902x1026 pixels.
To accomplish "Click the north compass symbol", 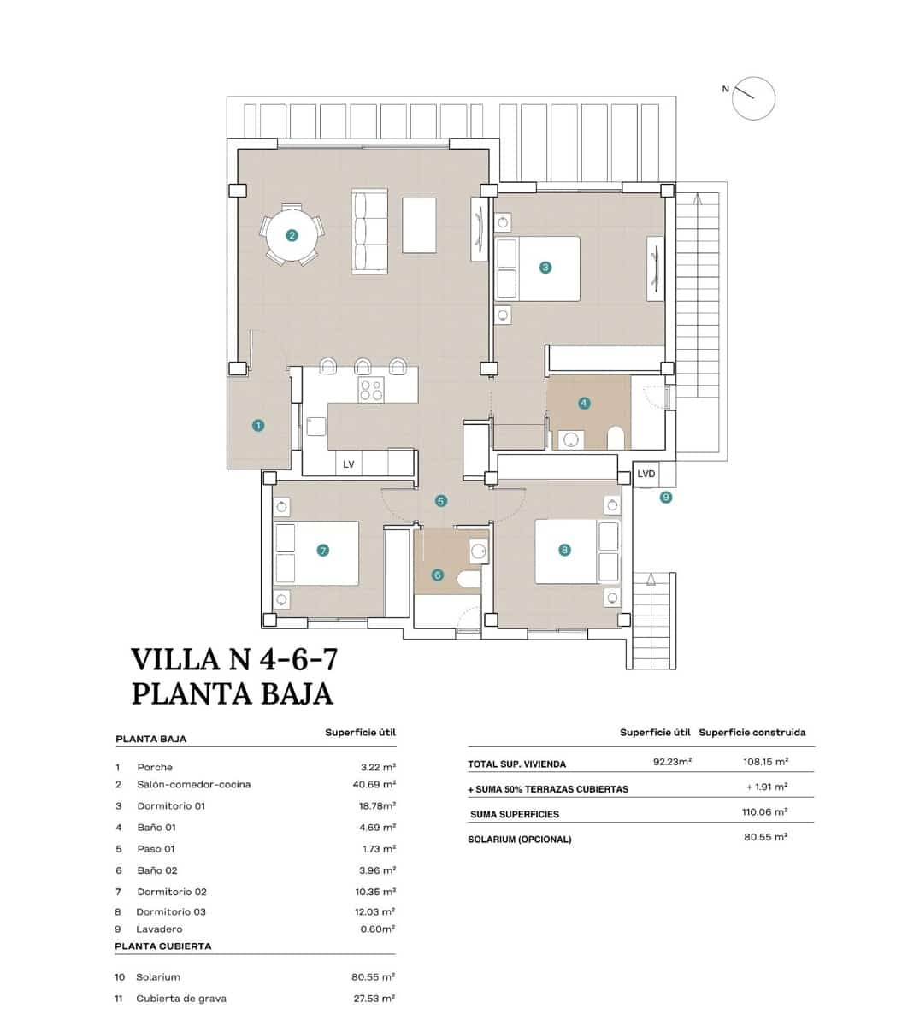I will pos(753,97).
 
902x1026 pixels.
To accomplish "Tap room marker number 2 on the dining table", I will pos(292,235).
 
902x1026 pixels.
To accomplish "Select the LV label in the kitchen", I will pos(349,464).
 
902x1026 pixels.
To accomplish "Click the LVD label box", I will pos(646,474).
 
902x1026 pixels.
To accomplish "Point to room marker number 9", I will pos(666,497).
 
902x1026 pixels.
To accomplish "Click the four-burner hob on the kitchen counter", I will pos(371,390).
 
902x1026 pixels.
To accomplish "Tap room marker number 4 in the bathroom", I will pos(584,402).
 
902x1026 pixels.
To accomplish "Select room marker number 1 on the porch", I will pos(258,425).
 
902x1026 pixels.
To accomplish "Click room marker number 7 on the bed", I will pos(322,551).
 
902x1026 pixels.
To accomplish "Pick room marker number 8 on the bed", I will pos(564,550).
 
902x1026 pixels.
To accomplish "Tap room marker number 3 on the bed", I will pos(545,268).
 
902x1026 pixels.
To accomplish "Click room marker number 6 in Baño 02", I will pos(438,575).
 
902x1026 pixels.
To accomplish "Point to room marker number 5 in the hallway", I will pos(441,501).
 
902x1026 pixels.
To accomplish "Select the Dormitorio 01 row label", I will pos(171,805).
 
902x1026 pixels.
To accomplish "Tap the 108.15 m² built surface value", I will pos(765,761).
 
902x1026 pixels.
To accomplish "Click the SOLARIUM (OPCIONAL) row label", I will pos(519,840).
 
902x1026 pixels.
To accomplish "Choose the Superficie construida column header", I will pos(752,733).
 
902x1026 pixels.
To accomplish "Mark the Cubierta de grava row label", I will pos(180,999).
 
